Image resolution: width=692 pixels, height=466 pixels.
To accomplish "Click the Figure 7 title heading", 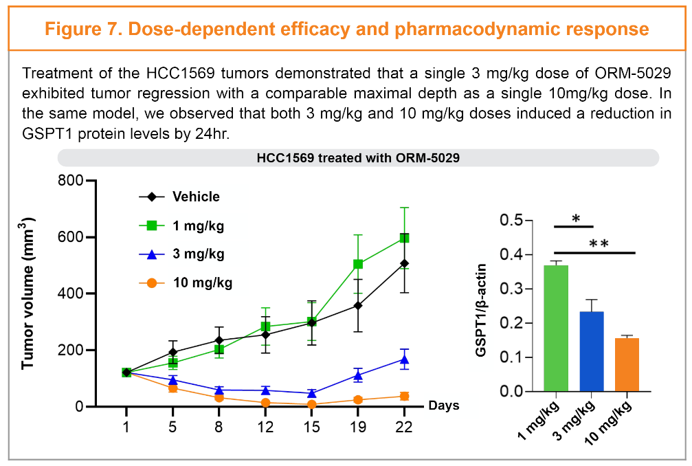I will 346,29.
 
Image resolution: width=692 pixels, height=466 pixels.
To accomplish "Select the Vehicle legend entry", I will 196,197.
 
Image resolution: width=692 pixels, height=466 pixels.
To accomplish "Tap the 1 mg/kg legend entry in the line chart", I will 198,225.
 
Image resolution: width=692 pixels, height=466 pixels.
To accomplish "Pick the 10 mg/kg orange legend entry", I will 202,282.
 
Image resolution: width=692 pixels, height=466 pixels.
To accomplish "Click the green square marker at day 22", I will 405,238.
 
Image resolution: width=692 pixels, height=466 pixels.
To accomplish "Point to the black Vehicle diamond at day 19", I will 358,305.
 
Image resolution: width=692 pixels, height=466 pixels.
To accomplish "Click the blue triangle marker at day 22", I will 405,359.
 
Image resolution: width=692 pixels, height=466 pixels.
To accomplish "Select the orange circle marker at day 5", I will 172,388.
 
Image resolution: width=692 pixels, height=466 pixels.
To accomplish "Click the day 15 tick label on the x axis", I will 312,427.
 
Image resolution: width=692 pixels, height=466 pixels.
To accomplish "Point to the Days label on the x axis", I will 444,406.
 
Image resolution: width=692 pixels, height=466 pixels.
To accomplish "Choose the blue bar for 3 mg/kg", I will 591,351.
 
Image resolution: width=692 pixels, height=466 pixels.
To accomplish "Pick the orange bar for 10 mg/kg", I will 627,364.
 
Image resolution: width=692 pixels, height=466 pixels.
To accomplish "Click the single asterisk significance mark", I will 576,219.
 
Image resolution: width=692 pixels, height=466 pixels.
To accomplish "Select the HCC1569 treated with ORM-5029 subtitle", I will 357,157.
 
